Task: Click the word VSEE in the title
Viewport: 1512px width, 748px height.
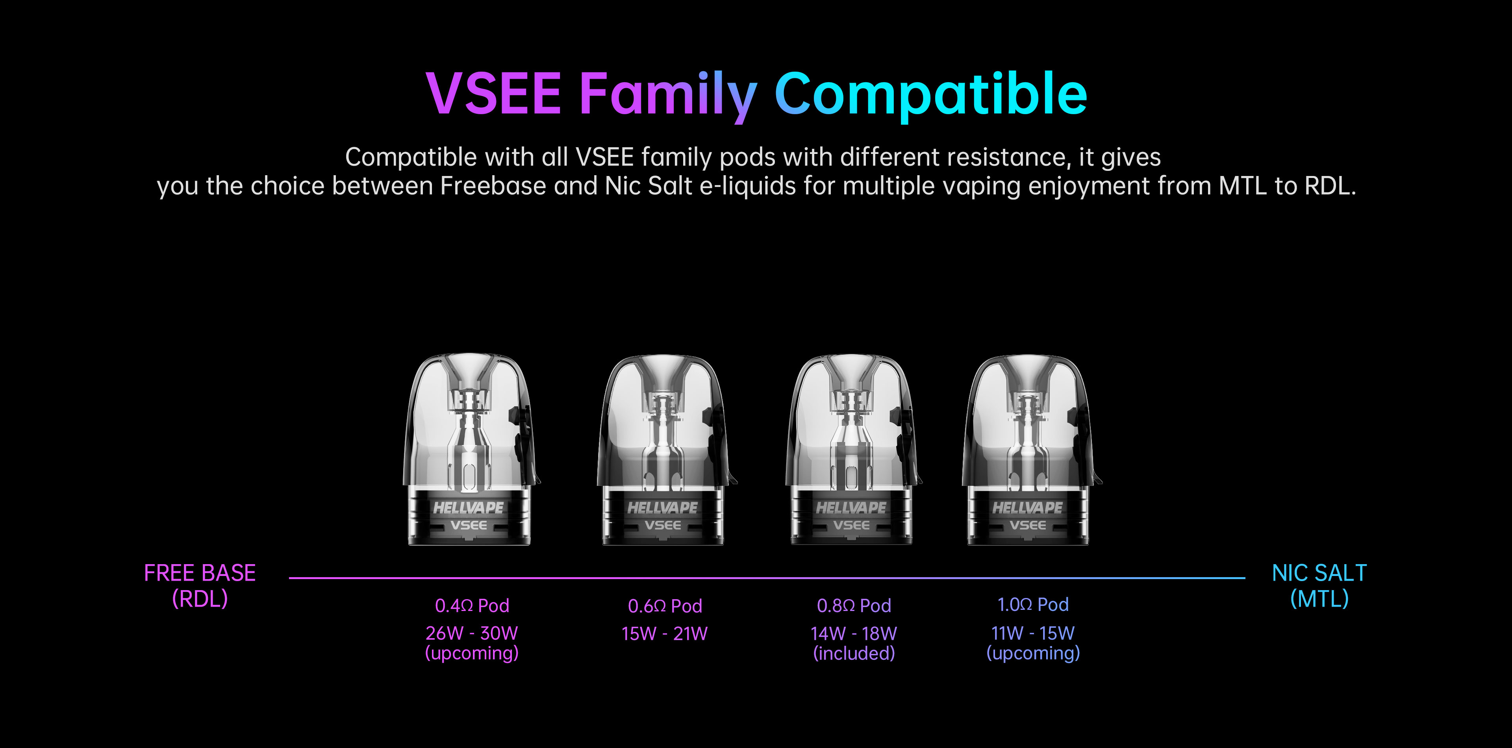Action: click(x=494, y=93)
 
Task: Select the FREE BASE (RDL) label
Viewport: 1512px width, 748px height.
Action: click(x=200, y=585)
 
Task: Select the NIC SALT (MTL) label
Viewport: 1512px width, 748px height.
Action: click(x=1319, y=585)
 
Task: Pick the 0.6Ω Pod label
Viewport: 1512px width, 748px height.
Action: click(x=665, y=605)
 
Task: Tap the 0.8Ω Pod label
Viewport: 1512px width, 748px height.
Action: click(x=854, y=605)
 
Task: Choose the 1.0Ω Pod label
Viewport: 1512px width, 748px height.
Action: click(x=1033, y=604)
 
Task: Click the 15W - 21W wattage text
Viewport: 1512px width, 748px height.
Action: click(x=664, y=633)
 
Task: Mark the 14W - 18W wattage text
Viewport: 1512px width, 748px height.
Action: click(x=854, y=633)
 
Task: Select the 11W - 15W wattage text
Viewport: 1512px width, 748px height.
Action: click(x=1033, y=633)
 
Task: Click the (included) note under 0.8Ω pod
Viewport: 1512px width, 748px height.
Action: click(x=854, y=653)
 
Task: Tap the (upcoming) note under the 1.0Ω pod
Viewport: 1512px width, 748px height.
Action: click(x=1033, y=653)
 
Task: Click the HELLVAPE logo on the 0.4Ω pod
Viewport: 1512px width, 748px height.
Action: click(x=469, y=507)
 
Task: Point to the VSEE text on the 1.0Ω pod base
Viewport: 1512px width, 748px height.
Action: click(x=1028, y=525)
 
